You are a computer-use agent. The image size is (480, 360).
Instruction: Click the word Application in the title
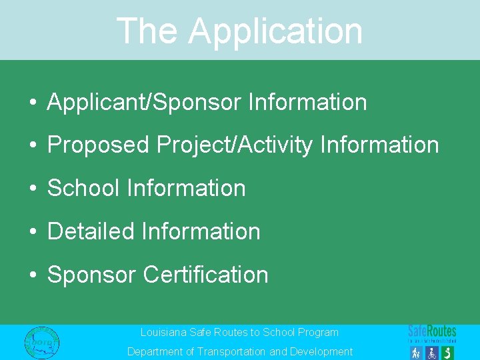(275, 31)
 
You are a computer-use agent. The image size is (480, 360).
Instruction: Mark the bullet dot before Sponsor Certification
(32, 275)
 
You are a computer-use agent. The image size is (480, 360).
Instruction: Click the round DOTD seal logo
(41, 342)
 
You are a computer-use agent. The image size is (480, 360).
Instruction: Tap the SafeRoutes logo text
(432, 331)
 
